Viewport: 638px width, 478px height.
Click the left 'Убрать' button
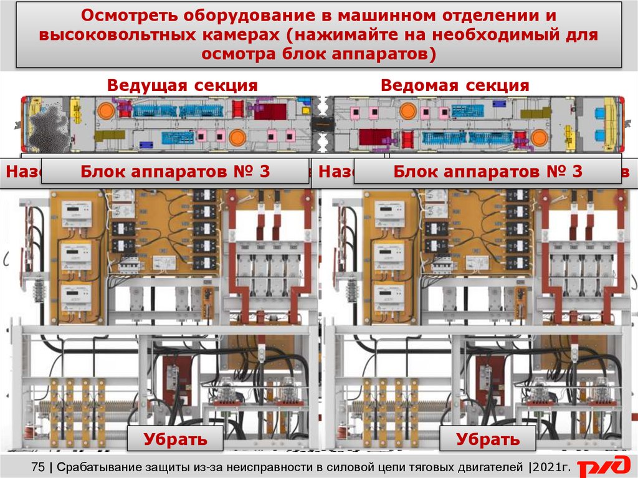tap(175, 439)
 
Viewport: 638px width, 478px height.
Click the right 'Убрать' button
tap(487, 439)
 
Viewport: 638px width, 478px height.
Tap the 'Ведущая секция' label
tap(182, 86)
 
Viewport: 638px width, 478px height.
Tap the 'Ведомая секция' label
tap(455, 86)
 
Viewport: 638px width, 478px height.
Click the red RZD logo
tap(602, 467)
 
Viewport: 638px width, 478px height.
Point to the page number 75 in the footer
tap(37, 467)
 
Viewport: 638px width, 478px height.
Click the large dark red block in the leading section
tap(270, 112)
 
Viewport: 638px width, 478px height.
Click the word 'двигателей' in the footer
tap(485, 467)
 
